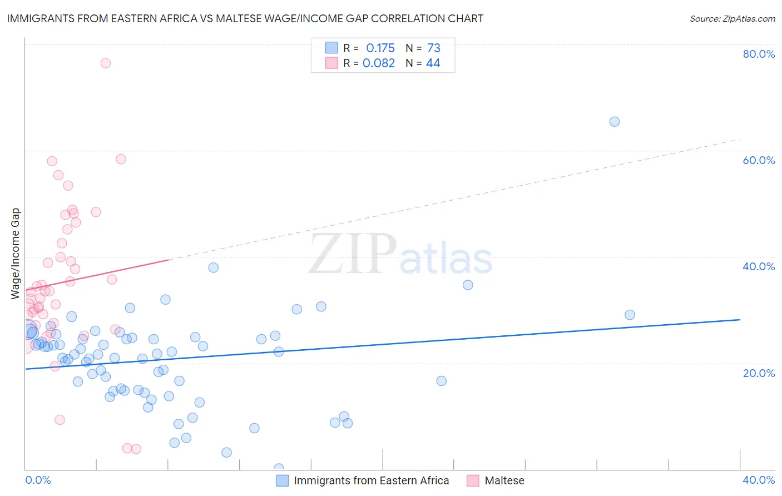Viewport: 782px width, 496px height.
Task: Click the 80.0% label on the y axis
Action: (x=759, y=54)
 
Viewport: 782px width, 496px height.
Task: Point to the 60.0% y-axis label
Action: (x=759, y=160)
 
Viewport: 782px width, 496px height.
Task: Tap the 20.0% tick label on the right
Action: (x=759, y=373)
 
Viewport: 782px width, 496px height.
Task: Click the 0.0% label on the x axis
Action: (x=38, y=480)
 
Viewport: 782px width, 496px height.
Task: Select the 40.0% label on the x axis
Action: (x=759, y=480)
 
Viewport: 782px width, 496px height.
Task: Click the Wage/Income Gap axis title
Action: (x=16, y=254)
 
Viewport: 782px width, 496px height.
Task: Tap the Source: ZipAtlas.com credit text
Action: (x=732, y=18)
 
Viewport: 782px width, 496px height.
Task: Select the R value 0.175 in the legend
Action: (x=380, y=48)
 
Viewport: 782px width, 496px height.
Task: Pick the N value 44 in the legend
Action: (x=433, y=63)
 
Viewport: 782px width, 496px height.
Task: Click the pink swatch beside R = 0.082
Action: (x=331, y=63)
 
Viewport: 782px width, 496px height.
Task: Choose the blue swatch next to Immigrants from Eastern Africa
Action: (x=283, y=480)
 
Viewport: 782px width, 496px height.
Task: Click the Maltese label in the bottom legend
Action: (x=504, y=480)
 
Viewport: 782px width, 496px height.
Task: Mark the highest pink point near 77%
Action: (x=105, y=63)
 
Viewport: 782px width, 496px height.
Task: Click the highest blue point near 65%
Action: (x=614, y=122)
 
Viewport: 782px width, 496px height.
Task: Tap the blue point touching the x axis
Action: (x=279, y=468)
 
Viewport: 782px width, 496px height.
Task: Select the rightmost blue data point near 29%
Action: (x=630, y=315)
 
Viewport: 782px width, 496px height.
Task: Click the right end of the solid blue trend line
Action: (x=740, y=320)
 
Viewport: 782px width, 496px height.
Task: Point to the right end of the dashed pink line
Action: (x=740, y=139)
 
